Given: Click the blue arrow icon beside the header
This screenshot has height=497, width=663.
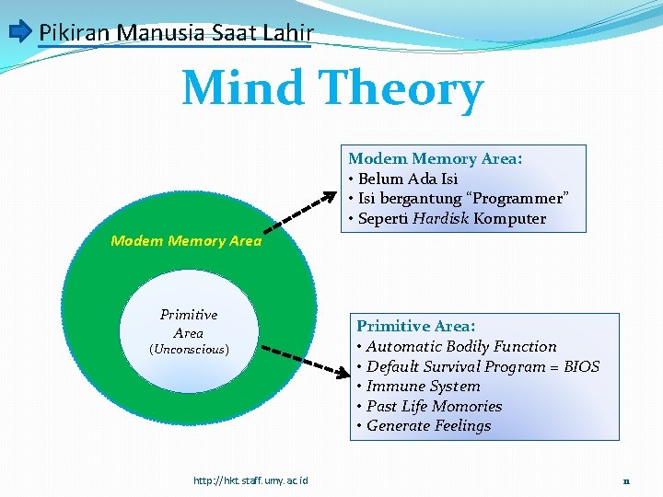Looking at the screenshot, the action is pos(19,33).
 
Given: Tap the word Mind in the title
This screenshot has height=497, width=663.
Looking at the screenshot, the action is pos(243,89).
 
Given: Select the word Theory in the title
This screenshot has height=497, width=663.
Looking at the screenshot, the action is pos(401,89).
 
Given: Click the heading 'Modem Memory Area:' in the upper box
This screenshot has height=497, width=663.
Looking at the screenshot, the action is pos(435,159).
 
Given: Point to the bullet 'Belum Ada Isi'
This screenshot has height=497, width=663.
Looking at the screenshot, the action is pos(408,179).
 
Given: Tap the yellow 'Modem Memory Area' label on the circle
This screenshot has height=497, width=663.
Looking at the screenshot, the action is pos(186,241).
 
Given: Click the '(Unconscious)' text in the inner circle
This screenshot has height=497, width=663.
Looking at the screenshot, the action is pos(189,350).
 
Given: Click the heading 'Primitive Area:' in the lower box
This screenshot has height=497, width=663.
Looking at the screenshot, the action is pos(416,326).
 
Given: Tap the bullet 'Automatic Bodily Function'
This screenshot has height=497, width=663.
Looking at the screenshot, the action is pos(461,347).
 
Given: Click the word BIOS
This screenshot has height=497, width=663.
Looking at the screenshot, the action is pos(581,366).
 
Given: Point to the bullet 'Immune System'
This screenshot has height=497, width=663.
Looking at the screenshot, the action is pos(423,387).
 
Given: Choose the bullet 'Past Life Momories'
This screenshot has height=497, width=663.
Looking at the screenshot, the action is pos(434,406).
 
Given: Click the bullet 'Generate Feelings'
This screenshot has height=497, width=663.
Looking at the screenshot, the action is pos(428,426).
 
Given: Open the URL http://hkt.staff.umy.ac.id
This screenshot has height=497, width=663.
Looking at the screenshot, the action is pos(250,480).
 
